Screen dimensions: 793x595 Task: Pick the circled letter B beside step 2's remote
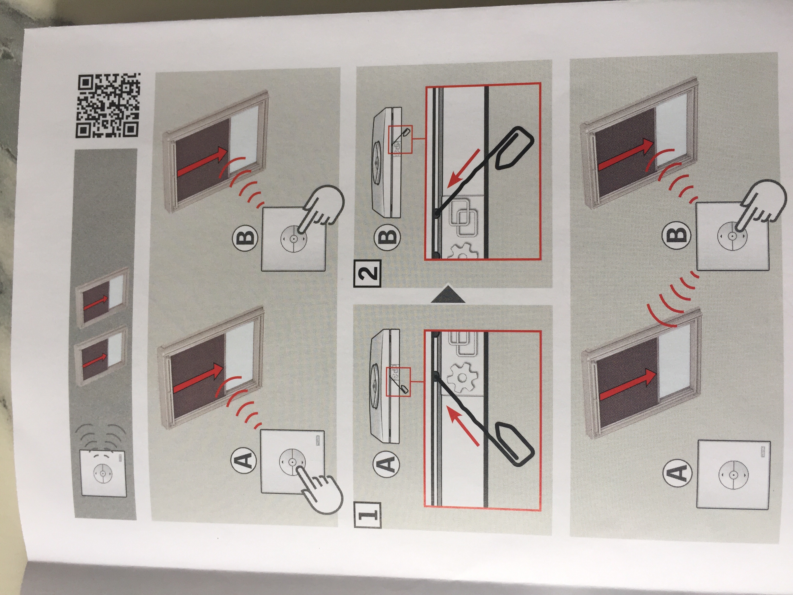[388, 236]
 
